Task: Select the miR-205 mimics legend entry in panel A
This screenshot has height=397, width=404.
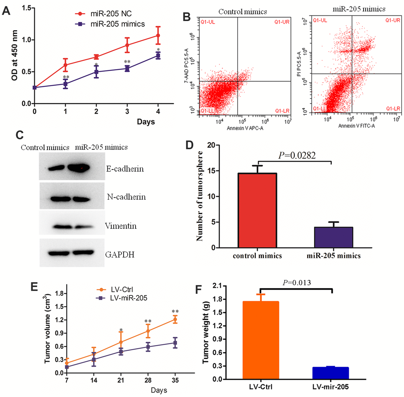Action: point(112,24)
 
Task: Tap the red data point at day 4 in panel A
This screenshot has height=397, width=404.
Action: point(158,35)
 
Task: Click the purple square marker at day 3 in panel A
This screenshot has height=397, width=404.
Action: point(127,68)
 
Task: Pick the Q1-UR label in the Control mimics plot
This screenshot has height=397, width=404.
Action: point(282,21)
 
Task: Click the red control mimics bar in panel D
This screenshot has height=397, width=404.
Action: point(257,210)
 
